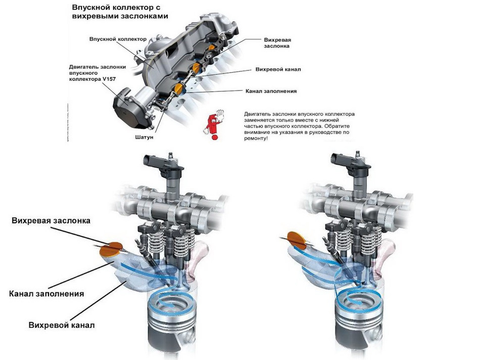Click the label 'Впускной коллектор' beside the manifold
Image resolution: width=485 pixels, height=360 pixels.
[118, 39]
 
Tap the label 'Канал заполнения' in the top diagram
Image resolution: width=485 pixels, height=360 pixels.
[271, 91]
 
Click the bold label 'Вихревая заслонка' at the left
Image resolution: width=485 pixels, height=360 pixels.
[52, 221]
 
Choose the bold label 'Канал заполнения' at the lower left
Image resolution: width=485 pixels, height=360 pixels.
[46, 293]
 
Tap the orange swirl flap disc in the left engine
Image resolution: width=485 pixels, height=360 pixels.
[111, 248]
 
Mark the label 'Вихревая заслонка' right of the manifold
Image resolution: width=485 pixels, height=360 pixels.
[277, 42]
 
